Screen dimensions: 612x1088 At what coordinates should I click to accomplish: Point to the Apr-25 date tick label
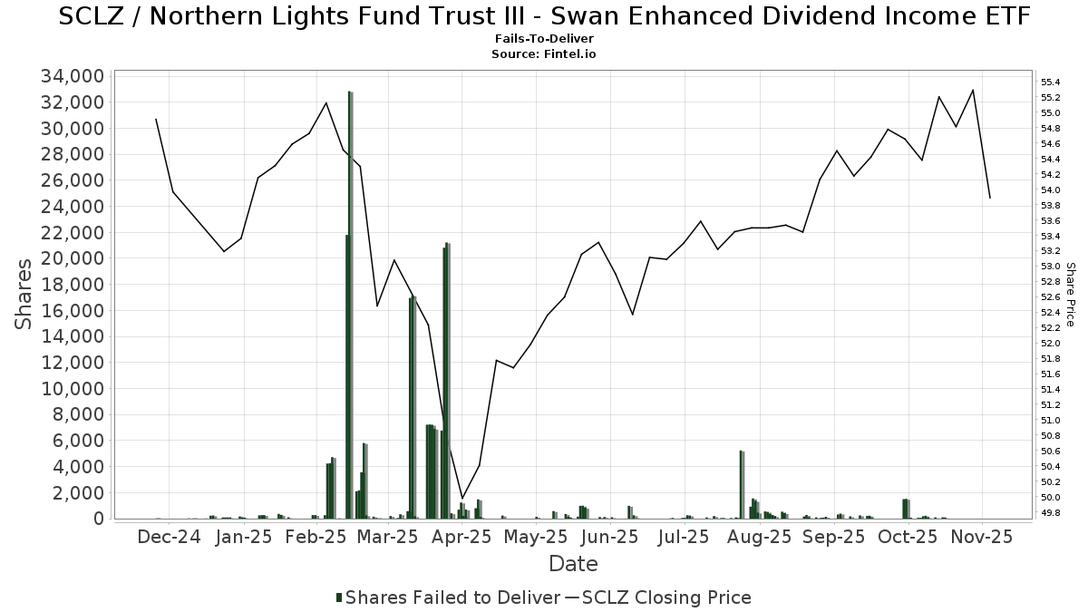pyautogui.click(x=462, y=537)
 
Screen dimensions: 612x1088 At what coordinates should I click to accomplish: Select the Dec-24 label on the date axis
pyautogui.click(x=170, y=537)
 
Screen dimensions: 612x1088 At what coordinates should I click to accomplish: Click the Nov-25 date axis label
pyautogui.click(x=982, y=537)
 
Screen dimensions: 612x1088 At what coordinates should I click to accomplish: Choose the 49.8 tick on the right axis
pyautogui.click(x=1052, y=513)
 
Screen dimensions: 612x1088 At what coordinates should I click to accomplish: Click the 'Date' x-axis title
pyautogui.click(x=573, y=564)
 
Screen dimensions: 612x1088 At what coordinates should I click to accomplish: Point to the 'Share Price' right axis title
pyautogui.click(x=1070, y=294)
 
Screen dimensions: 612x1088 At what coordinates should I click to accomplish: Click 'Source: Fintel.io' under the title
pyautogui.click(x=544, y=54)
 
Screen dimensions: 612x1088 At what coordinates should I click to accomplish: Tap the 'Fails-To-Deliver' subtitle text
pyautogui.click(x=544, y=40)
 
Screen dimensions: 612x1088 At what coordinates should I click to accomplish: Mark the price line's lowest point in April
pyautogui.click(x=462, y=498)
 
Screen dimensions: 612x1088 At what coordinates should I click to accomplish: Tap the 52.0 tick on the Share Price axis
pyautogui.click(x=1052, y=344)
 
